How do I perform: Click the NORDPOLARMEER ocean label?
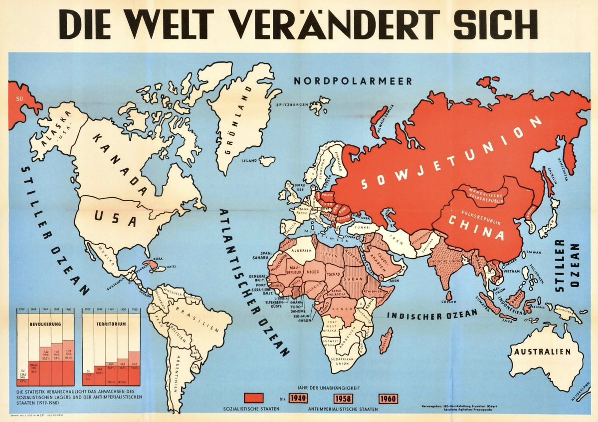point(352,80)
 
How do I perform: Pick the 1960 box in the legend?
point(389,399)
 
